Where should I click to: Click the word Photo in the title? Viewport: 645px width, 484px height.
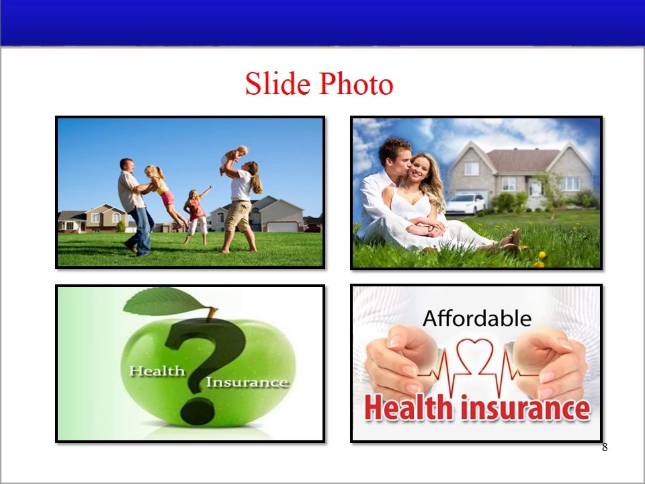tap(356, 84)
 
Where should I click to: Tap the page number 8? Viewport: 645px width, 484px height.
tap(605, 448)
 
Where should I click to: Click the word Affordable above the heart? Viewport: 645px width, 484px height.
tap(477, 318)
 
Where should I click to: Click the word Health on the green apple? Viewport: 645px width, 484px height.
tap(157, 370)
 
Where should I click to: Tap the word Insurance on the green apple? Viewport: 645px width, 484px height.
tap(247, 382)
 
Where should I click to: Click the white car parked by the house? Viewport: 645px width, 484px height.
tap(466, 202)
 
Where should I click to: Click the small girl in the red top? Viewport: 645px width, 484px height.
tap(197, 212)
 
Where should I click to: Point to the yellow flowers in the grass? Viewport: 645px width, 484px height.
tap(540, 259)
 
